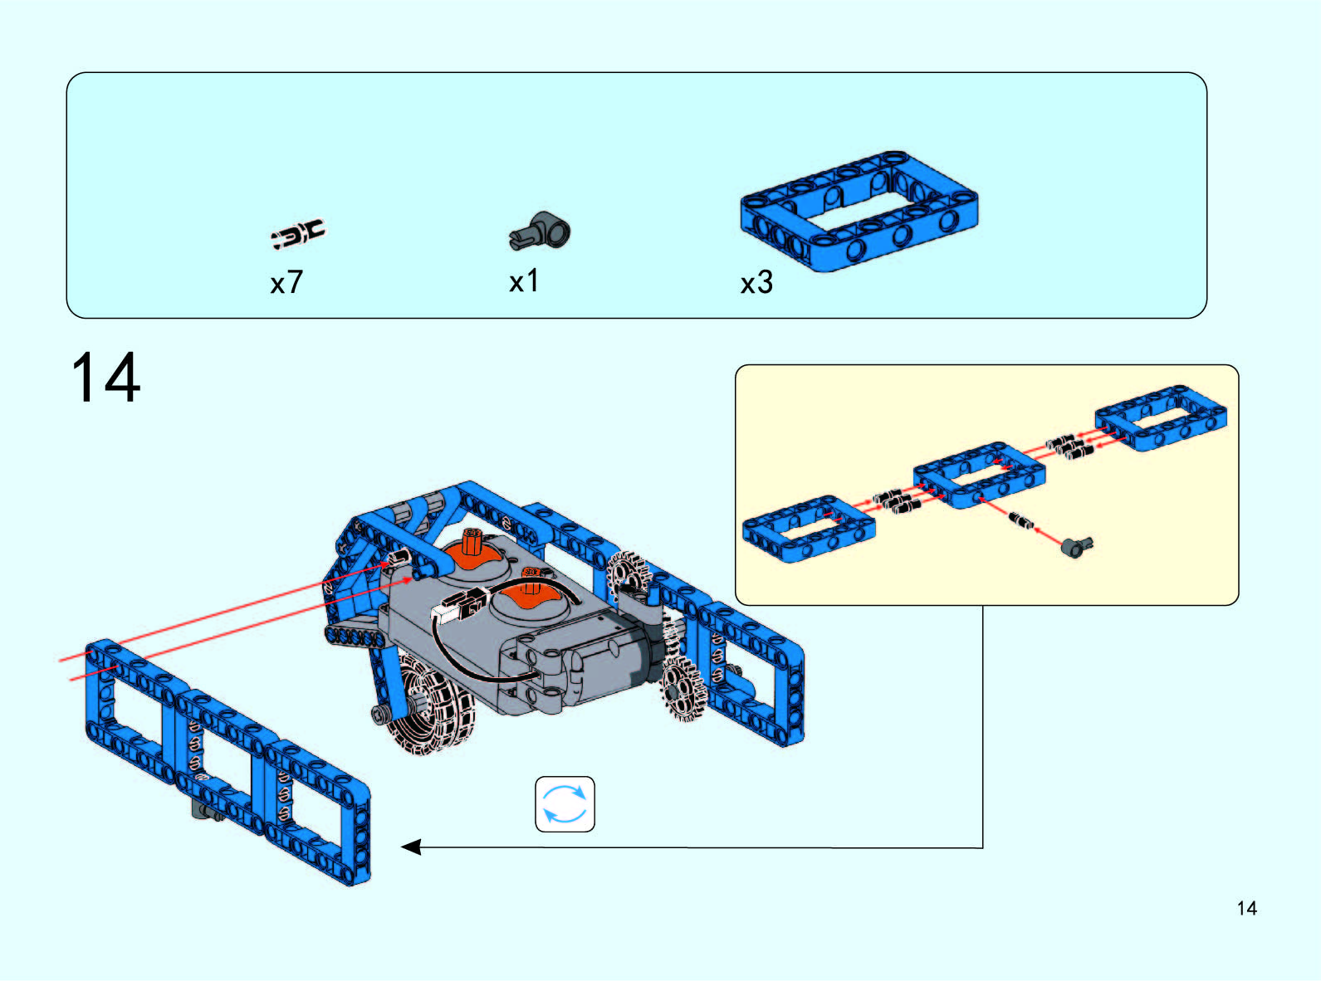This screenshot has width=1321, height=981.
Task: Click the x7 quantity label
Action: coord(286,282)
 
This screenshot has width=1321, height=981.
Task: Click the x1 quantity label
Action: coord(524,281)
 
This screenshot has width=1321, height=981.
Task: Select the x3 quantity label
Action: coord(756,282)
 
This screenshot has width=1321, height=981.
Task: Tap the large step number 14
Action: coord(105,378)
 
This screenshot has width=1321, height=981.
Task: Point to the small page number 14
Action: coord(1247,908)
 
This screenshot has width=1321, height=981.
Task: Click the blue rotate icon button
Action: coord(565,803)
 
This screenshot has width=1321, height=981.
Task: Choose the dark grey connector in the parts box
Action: coord(540,231)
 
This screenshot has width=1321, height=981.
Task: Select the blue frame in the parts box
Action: coord(859,212)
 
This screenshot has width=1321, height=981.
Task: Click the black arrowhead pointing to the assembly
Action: coord(412,847)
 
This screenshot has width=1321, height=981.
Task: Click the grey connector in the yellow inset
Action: coord(1076,546)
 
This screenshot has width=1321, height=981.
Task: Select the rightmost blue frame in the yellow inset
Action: coord(1161,417)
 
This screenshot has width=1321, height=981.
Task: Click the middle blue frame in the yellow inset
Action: coord(979,475)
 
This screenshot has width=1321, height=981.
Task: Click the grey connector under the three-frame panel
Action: coord(208,812)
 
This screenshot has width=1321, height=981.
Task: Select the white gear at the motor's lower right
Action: coord(683,688)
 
